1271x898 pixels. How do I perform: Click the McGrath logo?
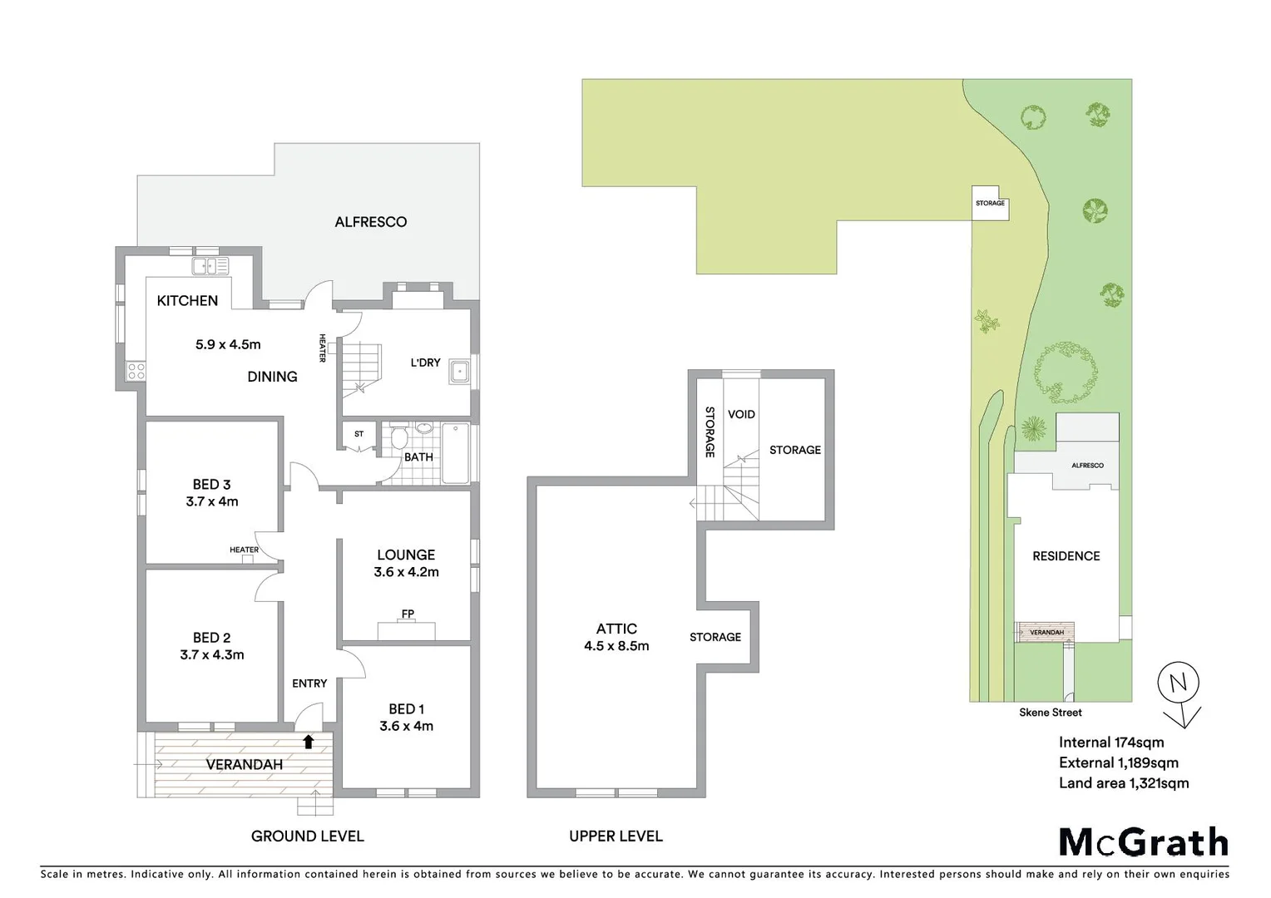(x=1143, y=842)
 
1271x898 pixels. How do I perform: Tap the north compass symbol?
(x=1179, y=684)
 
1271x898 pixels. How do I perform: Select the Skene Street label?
(x=1050, y=713)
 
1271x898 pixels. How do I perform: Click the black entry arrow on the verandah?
(x=308, y=742)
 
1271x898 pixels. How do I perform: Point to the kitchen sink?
(x=210, y=266)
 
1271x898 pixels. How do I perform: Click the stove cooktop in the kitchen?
(x=136, y=371)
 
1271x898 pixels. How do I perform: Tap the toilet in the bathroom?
(x=398, y=438)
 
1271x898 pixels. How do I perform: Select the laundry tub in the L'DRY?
(x=458, y=371)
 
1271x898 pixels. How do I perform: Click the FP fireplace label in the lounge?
(x=408, y=614)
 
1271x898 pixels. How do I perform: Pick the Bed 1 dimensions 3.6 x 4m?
(x=406, y=726)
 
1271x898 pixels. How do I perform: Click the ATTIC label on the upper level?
(x=616, y=629)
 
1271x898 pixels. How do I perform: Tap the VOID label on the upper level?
(x=741, y=414)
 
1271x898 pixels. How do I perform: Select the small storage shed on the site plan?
(x=990, y=203)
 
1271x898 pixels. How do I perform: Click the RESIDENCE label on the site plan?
(x=1066, y=556)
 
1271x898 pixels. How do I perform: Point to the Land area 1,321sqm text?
(x=1123, y=783)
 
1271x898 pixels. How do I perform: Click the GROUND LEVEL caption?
(x=307, y=836)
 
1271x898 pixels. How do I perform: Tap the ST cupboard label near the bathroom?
(x=359, y=434)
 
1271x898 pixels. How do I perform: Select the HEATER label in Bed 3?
(x=244, y=550)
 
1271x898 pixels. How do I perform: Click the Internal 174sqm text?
(x=1110, y=743)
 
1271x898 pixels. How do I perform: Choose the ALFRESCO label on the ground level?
(x=370, y=222)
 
